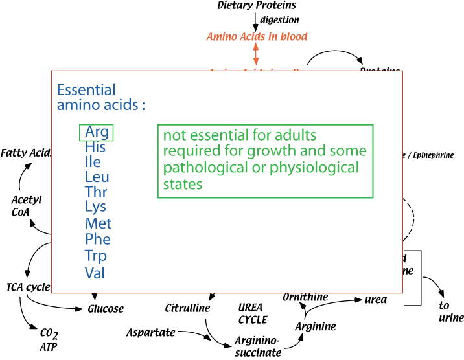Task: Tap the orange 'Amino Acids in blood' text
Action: pos(257,36)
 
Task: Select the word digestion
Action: pos(279,20)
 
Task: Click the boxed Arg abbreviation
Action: pos(97,132)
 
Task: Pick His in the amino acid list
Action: pos(95,147)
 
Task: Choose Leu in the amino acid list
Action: pos(97,177)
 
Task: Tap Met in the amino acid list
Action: pos(98,223)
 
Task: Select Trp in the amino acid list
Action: pos(96,255)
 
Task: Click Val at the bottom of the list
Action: pos(95,273)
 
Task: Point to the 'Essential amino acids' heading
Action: pos(101,97)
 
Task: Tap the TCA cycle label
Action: pos(28,287)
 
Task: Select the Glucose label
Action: pos(106,309)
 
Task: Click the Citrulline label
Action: pos(187,308)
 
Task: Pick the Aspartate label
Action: pos(151,332)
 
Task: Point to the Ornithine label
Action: pos(305,297)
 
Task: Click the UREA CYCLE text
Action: pos(253,313)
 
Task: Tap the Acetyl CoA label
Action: pos(26,206)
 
